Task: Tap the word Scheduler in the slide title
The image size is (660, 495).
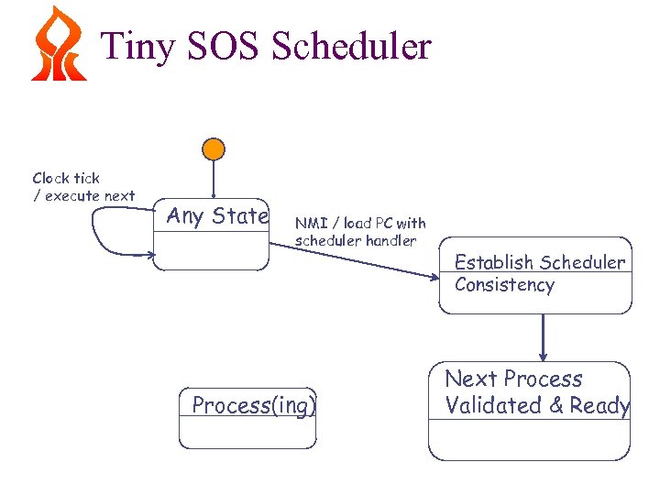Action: pyautogui.click(x=352, y=46)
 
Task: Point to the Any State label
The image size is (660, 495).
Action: pyautogui.click(x=217, y=216)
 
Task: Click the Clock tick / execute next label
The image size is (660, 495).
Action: pyautogui.click(x=83, y=187)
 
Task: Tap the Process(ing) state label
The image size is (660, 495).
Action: pyautogui.click(x=254, y=405)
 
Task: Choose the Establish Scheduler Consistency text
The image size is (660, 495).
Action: pyautogui.click(x=539, y=273)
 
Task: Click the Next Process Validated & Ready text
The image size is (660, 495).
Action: pyautogui.click(x=536, y=392)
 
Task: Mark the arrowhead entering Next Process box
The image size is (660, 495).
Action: pyautogui.click(x=544, y=356)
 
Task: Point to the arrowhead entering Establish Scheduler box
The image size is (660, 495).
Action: pyautogui.click(x=438, y=275)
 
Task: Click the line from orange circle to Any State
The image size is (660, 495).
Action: pyautogui.click(x=214, y=177)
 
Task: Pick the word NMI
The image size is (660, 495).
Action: pyautogui.click(x=307, y=223)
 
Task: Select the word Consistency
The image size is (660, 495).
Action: pyautogui.click(x=504, y=285)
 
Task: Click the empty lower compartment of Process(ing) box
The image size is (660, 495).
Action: pyautogui.click(x=247, y=432)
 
